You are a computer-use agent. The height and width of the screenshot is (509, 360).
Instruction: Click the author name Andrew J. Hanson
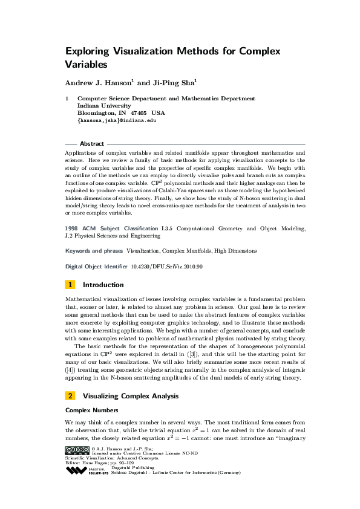click(x=96, y=83)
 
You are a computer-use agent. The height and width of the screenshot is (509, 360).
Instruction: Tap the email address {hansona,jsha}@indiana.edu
click(x=117, y=120)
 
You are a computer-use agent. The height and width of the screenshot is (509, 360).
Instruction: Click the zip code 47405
click(x=139, y=113)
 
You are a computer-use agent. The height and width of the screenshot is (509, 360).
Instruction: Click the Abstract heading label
click(x=91, y=144)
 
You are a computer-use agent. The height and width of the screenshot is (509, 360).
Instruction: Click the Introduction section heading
click(x=103, y=284)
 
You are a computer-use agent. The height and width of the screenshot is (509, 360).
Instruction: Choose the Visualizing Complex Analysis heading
click(x=130, y=396)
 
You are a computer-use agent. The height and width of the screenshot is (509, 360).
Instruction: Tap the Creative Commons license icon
click(x=77, y=450)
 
